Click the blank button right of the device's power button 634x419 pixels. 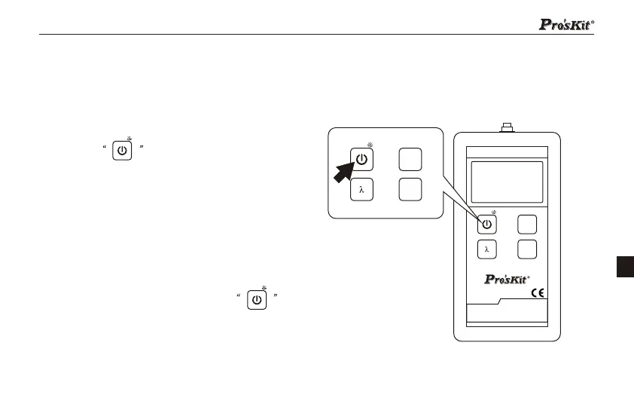[x=526, y=224]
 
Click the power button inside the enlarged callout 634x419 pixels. [x=362, y=159]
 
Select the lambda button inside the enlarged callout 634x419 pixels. [x=362, y=190]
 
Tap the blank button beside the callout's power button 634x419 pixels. [x=410, y=159]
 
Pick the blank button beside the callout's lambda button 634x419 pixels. [x=410, y=190]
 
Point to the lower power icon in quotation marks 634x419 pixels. [x=257, y=300]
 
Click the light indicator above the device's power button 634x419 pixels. [x=494, y=213]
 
